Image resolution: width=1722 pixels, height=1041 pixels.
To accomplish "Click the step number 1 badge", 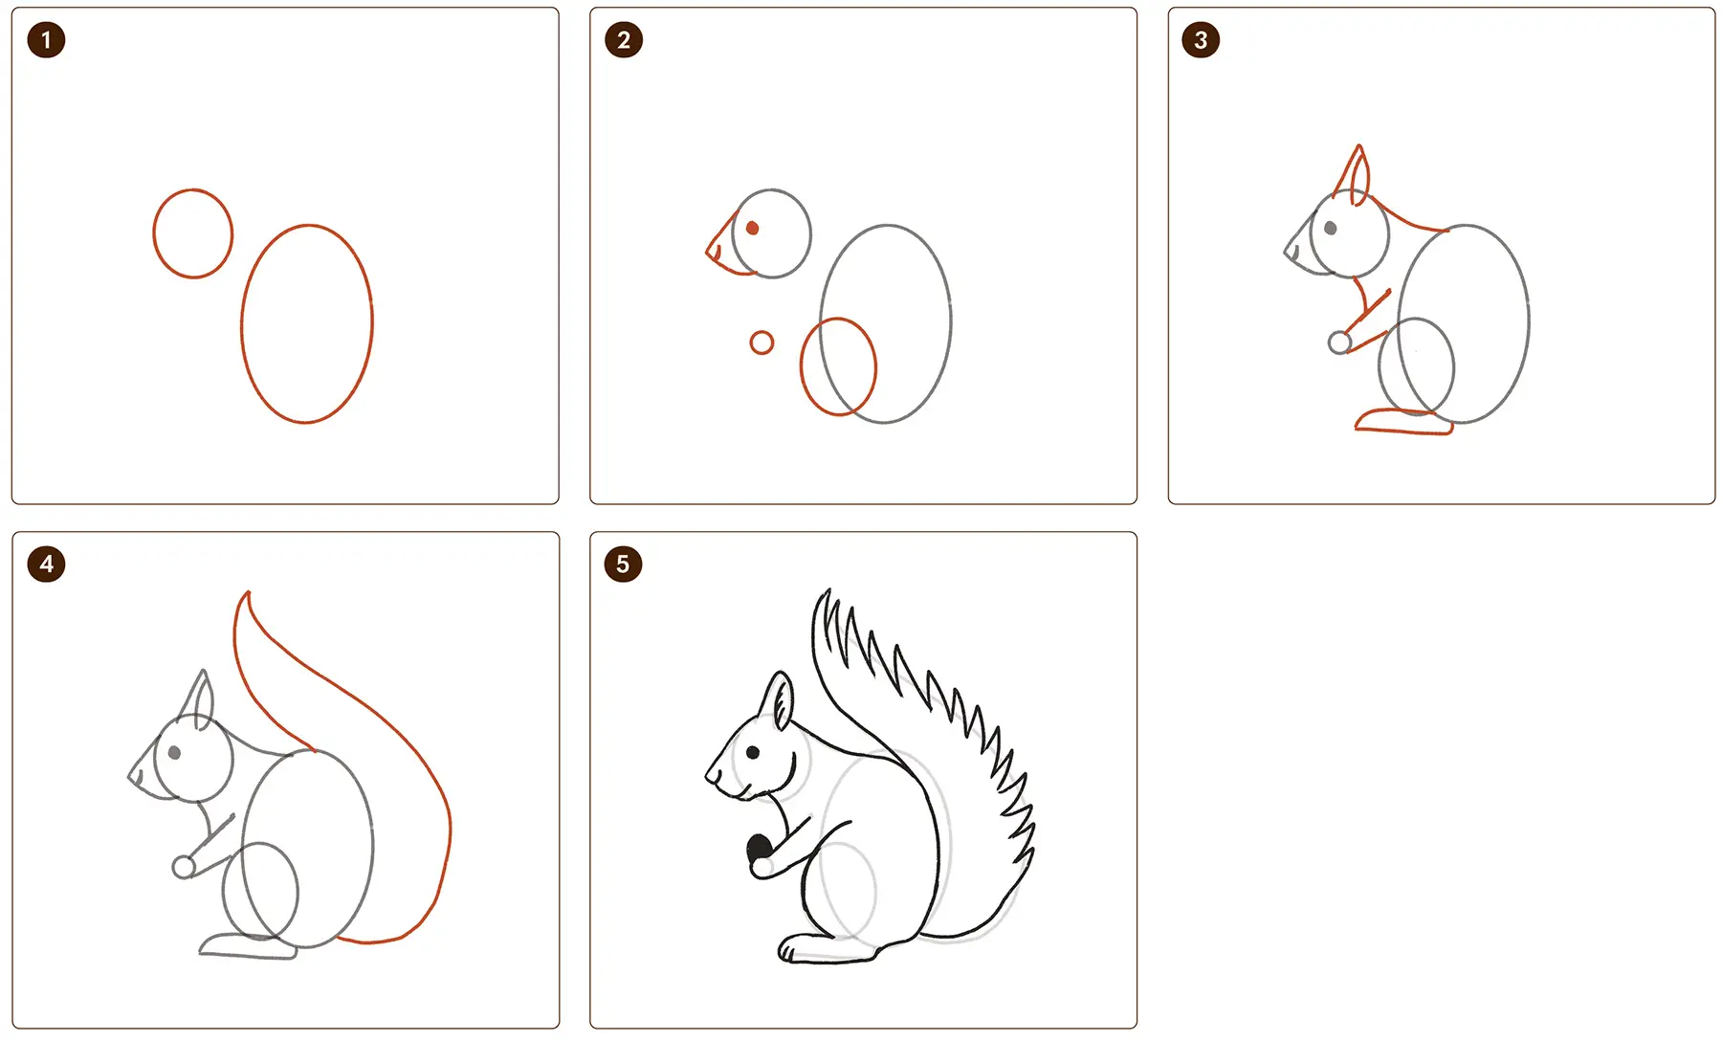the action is point(46,40).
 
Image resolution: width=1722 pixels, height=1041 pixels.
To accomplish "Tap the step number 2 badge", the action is point(624,40).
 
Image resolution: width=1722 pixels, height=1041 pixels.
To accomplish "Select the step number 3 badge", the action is point(1201,40).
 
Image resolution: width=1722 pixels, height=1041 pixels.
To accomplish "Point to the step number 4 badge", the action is point(46,565).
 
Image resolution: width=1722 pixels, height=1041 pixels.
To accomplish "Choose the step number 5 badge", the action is point(623,565).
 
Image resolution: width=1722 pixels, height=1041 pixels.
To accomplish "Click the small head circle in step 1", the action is point(154,233).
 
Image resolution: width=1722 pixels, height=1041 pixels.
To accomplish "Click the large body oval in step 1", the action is point(242,323).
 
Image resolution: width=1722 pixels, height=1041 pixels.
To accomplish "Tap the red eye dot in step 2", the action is point(753,228).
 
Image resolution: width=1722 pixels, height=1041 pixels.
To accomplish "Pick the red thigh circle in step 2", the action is point(801,366).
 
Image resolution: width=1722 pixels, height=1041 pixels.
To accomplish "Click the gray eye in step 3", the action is point(1331,228).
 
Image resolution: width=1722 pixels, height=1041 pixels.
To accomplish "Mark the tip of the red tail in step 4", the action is point(249,592).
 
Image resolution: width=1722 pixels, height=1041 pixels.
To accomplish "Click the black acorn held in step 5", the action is point(759,848).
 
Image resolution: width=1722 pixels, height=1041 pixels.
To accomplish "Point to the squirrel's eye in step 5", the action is point(753,753).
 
